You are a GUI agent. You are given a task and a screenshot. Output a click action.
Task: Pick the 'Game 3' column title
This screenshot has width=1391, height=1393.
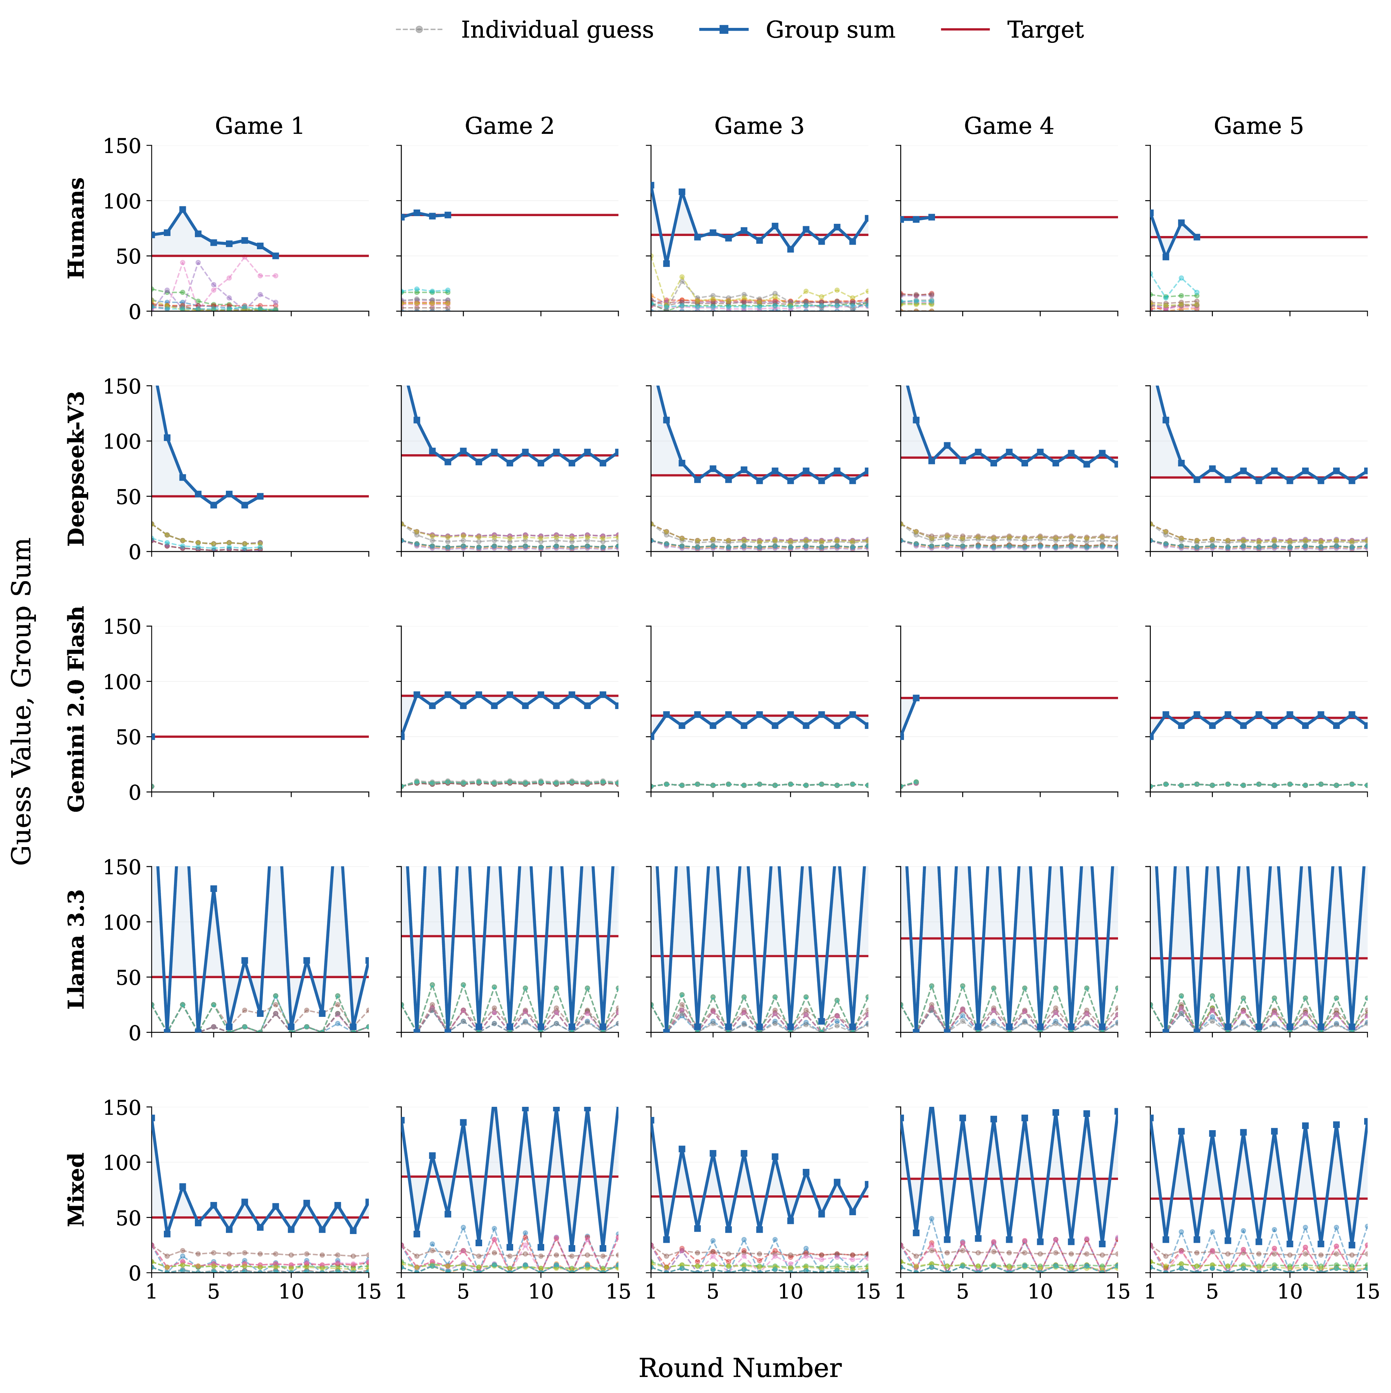[x=759, y=126]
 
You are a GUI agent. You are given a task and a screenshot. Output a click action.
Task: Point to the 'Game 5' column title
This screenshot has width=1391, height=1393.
[x=1258, y=126]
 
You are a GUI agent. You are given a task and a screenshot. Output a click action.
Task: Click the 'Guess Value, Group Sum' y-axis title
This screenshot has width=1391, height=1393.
[x=22, y=701]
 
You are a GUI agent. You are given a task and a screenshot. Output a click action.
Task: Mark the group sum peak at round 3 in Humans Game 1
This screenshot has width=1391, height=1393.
[x=182, y=210]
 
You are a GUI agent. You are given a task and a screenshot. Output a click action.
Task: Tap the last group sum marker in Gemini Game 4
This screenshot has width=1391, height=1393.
[x=916, y=698]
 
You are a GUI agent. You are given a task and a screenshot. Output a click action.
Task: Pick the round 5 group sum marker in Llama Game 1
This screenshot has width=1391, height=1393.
[x=213, y=889]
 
